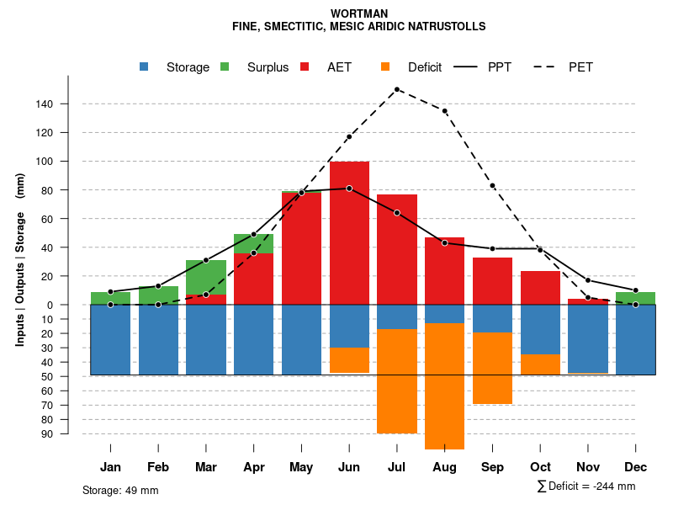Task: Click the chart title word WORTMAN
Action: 359,14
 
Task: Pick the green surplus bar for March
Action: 206,277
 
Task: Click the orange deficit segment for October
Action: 540,364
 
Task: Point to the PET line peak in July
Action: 396,89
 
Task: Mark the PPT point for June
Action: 349,189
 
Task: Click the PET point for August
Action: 444,111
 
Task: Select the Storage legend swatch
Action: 144,67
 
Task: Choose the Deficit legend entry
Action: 424,67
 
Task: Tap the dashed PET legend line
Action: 548,67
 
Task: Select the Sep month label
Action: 492,467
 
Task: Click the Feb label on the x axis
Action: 158,467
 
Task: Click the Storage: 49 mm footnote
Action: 120,490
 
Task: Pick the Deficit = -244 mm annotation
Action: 586,486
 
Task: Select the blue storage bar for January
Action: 110,339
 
